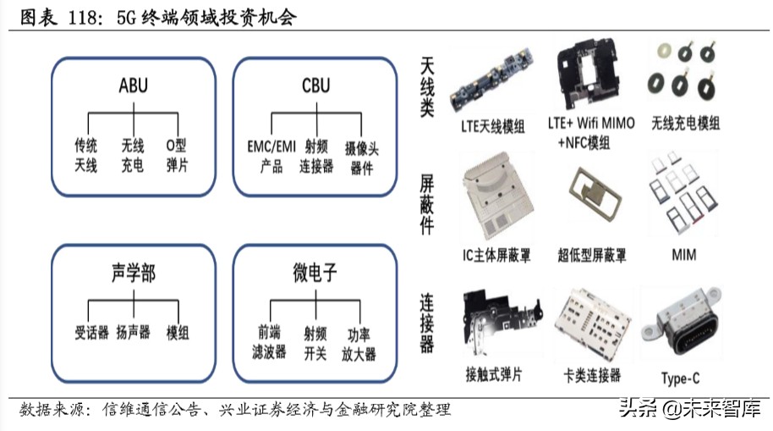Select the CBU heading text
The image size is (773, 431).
315,86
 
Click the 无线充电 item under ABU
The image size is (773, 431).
132,155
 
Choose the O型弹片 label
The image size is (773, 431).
178,155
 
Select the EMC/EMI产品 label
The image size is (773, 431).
271,156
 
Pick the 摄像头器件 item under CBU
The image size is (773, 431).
361,158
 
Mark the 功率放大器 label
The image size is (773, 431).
361,343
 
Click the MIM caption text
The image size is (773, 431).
683,254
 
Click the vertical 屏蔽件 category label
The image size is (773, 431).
428,204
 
